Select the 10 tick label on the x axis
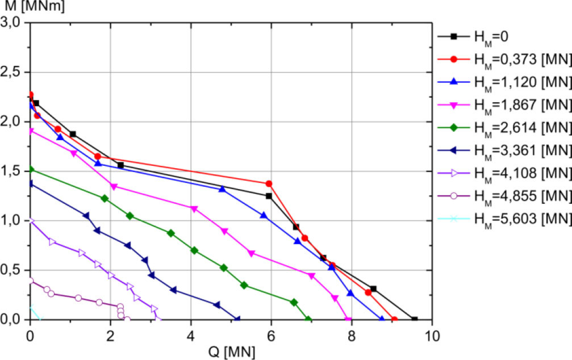[x=432, y=334]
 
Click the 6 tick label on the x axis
[x=272, y=334]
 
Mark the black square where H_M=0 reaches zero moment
[x=415, y=320]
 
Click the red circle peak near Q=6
[x=269, y=183]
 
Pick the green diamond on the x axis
[x=308, y=320]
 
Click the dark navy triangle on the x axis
[x=237, y=319]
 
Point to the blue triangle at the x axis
[x=382, y=319]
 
